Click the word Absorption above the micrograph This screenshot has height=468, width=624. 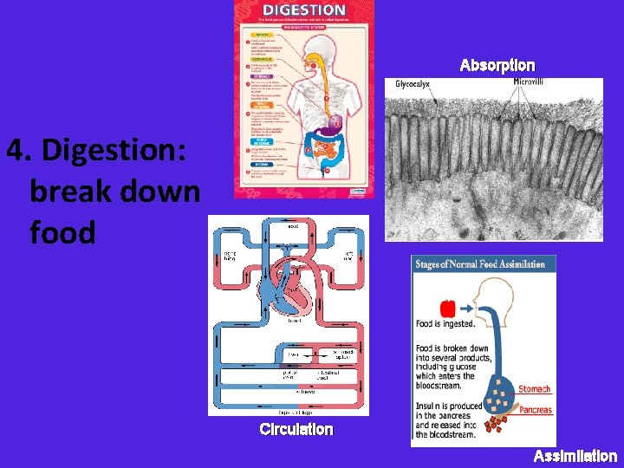[497, 66]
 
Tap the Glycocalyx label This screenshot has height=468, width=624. [413, 84]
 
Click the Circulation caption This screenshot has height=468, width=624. [296, 429]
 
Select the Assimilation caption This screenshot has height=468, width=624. [575, 456]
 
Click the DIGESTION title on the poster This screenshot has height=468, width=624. [304, 10]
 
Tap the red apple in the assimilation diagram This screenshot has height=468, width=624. [447, 308]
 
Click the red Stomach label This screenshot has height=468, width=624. [535, 389]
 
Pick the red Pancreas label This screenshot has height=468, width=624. [536, 410]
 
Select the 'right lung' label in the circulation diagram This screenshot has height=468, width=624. [230, 254]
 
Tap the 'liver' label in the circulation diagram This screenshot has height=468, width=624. [295, 354]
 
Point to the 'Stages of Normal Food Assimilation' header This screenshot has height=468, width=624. [480, 264]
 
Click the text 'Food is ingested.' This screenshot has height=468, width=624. [445, 324]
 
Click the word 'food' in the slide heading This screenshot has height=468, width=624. [62, 232]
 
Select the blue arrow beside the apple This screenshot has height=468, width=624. [467, 307]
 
